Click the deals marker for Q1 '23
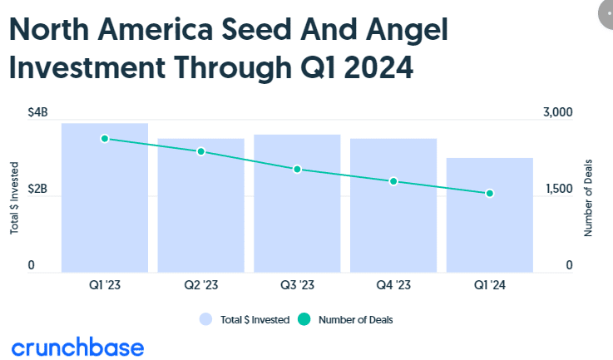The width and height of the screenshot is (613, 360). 105,139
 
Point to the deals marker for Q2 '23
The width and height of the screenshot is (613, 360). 200,151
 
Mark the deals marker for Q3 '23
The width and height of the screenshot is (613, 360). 297,169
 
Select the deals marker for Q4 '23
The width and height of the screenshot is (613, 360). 393,181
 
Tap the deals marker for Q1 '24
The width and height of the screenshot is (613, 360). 490,194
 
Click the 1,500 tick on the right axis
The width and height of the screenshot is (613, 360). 557,190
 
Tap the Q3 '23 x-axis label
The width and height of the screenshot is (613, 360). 297,284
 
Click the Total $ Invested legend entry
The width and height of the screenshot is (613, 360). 246,318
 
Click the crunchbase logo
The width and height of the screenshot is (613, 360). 77,347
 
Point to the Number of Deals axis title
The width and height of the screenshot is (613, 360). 588,196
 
